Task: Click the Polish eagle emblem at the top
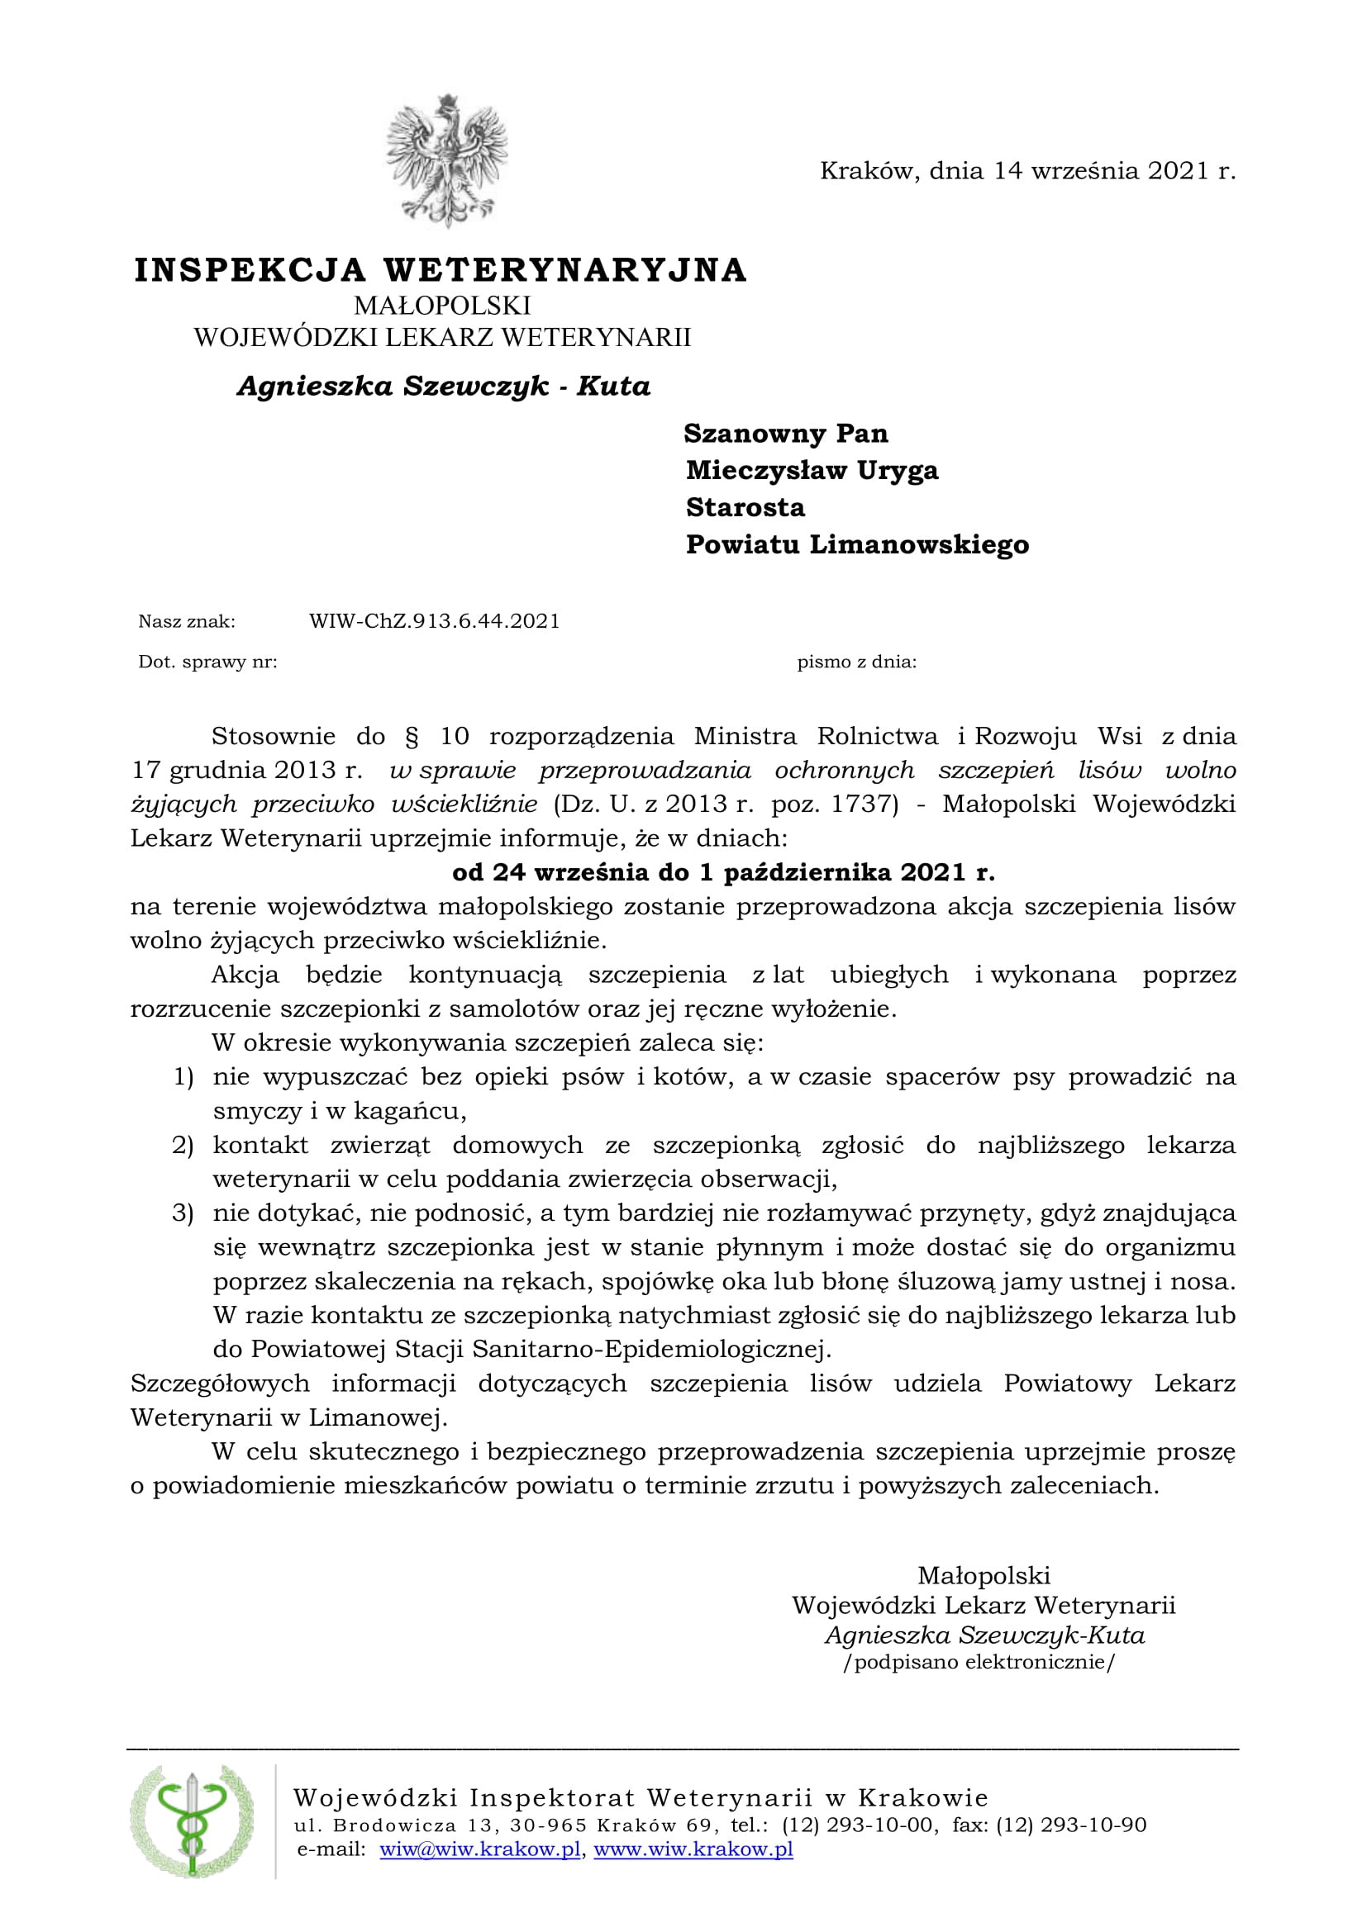pos(446,160)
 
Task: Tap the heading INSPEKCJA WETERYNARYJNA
pos(441,270)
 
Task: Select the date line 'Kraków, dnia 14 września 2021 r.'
pos(1028,171)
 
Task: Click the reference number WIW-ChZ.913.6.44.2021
pos(435,621)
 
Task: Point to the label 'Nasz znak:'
pos(187,622)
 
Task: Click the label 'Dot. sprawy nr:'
pos(208,662)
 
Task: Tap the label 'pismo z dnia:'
pos(857,662)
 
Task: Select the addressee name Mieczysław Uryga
pos(812,470)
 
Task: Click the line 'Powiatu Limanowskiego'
pos(857,544)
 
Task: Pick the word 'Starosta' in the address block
pos(745,507)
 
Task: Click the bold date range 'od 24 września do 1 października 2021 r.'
pos(724,871)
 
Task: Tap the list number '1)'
pos(183,1076)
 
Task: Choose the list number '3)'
pos(183,1213)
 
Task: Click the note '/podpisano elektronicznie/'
pos(979,1662)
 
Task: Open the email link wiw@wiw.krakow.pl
pos(480,1849)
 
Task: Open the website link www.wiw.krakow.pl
pos(693,1849)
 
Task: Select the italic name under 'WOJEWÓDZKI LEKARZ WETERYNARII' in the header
pos(444,387)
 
